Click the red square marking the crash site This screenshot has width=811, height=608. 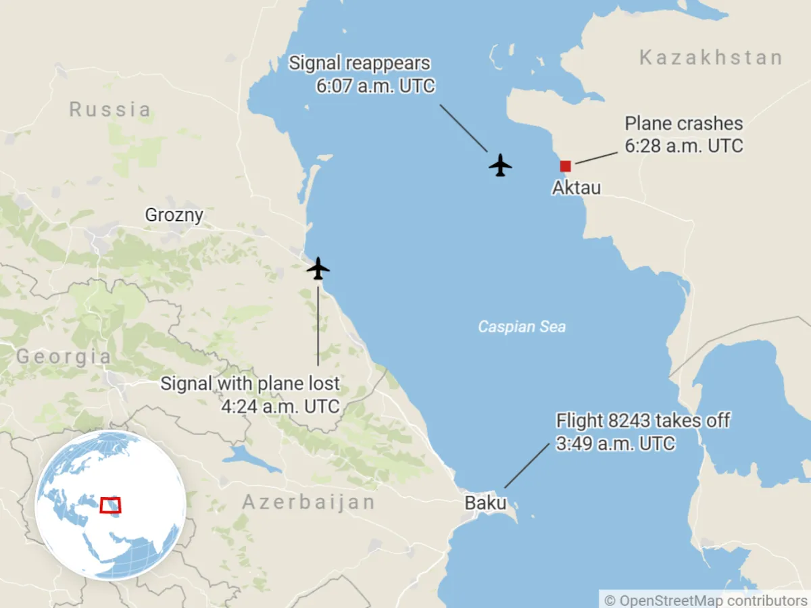point(565,166)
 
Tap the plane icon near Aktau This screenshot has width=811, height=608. point(500,165)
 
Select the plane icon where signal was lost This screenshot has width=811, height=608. point(318,268)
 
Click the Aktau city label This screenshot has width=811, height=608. point(576,188)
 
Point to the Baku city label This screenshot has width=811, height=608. point(485,503)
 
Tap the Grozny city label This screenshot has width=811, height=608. point(174,216)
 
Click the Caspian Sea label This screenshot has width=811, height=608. point(522,327)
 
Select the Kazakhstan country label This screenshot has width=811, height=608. point(711,58)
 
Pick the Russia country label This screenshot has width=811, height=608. point(110,109)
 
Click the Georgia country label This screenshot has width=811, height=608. point(64,357)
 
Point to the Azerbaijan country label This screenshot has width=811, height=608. point(308,503)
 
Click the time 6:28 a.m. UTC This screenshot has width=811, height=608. point(683,146)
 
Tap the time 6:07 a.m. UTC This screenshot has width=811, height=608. point(375,86)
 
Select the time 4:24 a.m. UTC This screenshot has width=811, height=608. point(280,407)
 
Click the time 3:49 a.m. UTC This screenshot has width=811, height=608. point(615,443)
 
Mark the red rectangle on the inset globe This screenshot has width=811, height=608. point(110,505)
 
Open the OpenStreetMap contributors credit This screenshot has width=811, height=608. point(706,600)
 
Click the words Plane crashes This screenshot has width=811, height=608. point(683,124)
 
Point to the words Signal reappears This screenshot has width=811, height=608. point(360,64)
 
